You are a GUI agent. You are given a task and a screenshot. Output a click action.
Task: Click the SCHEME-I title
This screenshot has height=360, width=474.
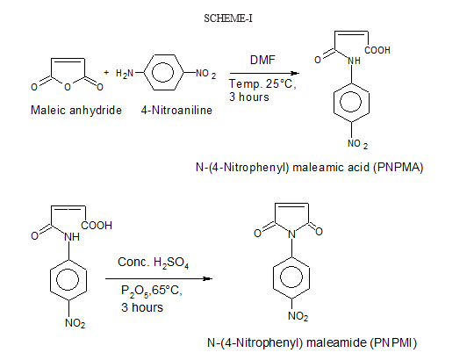click(228, 18)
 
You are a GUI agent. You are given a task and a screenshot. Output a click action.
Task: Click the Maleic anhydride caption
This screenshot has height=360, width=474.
click(76, 110)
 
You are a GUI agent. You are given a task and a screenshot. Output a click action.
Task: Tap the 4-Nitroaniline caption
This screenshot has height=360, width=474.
click(176, 110)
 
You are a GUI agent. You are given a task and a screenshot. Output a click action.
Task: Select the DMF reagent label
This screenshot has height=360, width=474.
click(262, 60)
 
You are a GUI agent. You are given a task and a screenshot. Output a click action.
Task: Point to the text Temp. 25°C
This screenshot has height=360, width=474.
click(262, 83)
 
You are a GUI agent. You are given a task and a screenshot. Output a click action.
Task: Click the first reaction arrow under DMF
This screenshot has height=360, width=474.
click(264, 73)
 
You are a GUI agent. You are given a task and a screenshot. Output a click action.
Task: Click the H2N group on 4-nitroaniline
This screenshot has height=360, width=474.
click(125, 74)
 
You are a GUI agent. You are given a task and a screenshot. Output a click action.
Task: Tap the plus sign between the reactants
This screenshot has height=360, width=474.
click(106, 73)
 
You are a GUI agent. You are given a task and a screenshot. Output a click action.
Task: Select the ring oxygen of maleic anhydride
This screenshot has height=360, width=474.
click(68, 87)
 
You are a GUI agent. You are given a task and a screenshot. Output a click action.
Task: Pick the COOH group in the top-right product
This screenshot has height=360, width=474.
click(377, 50)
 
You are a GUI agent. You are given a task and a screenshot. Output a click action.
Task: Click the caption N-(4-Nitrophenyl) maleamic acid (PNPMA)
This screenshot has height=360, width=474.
click(309, 167)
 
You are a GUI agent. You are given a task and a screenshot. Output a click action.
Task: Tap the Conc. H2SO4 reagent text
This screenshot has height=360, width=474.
click(153, 263)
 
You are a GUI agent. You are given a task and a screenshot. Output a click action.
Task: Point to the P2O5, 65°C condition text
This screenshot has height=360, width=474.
click(152, 291)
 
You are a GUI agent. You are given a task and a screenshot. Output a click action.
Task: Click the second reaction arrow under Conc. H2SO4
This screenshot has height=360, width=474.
click(159, 278)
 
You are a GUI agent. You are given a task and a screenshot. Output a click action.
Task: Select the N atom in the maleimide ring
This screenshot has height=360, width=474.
click(291, 234)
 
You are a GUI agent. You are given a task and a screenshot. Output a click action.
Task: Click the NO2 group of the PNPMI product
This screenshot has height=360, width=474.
click(298, 316)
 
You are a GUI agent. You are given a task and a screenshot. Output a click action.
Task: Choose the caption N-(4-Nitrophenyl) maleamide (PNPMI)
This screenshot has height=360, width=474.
click(312, 342)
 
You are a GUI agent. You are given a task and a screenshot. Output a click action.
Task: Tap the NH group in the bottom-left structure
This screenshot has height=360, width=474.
click(72, 237)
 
